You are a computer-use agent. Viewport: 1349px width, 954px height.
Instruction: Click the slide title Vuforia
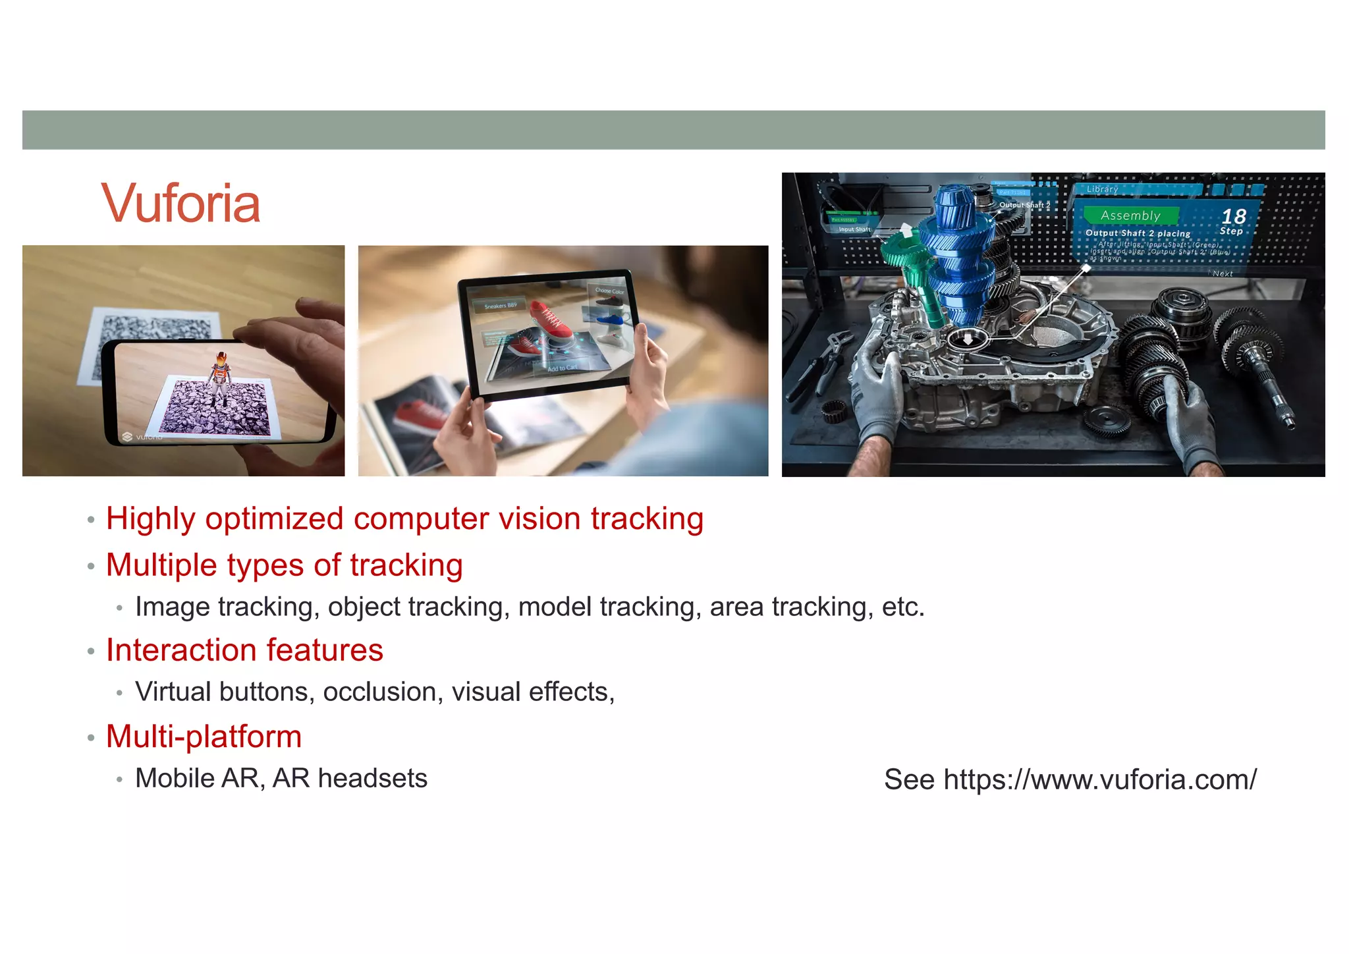pyautogui.click(x=180, y=204)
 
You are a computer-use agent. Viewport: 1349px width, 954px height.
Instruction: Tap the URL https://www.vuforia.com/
pyautogui.click(x=1100, y=779)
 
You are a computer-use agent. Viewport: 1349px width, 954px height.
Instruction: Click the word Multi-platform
pyautogui.click(x=204, y=737)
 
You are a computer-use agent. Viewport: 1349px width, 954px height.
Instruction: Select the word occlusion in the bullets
pyautogui.click(x=383, y=692)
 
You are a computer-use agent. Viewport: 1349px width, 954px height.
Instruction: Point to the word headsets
pyautogui.click(x=372, y=778)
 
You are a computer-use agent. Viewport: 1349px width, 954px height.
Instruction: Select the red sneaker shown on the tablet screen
pyautogui.click(x=551, y=321)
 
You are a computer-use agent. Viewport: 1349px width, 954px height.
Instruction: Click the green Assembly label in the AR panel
pyautogui.click(x=1130, y=215)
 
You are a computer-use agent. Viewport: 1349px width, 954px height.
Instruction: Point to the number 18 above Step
pyautogui.click(x=1233, y=216)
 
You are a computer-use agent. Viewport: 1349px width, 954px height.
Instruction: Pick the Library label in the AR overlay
pyautogui.click(x=1102, y=189)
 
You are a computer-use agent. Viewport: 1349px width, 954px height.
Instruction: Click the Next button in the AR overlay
pyautogui.click(x=1222, y=273)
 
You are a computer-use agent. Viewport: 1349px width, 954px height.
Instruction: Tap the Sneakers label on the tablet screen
pyautogui.click(x=501, y=306)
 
